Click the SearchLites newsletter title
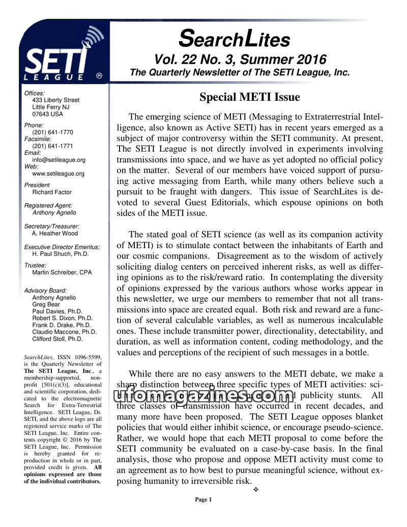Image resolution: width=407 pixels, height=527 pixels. (235, 38)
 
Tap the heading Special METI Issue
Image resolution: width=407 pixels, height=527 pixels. (249, 97)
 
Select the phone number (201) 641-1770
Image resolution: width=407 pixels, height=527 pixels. (52, 132)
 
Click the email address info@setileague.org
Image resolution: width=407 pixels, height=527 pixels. (59, 160)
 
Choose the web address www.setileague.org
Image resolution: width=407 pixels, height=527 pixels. (58, 173)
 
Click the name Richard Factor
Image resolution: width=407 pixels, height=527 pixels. (52, 192)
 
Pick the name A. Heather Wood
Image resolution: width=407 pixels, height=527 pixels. (55, 233)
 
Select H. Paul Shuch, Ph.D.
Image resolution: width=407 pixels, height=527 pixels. (60, 253)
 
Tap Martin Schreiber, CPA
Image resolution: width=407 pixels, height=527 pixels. (62, 272)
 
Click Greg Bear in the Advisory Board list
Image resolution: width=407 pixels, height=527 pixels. (46, 305)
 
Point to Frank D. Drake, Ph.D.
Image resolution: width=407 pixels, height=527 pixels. (62, 325)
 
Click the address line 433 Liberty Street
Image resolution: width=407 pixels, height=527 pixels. (56, 100)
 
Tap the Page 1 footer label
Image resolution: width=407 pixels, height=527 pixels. (203, 500)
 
